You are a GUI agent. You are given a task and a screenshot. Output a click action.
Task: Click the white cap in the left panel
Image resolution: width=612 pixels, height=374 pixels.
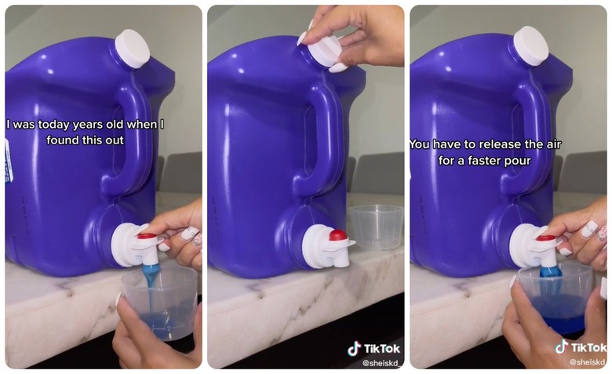click(132, 49)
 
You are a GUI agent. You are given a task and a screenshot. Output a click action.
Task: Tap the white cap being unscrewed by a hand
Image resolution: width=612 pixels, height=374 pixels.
click(326, 52)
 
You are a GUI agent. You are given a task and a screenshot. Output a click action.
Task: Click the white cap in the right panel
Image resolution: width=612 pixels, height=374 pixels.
click(531, 46)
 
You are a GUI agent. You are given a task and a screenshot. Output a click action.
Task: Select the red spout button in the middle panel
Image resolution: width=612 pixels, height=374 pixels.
click(337, 234)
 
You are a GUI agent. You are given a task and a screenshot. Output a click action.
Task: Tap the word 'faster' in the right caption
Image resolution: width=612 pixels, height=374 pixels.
click(505, 160)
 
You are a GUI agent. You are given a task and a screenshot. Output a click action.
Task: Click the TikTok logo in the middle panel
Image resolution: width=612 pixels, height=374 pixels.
click(373, 348)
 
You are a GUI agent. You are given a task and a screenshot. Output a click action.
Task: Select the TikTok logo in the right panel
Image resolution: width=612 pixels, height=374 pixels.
click(581, 347)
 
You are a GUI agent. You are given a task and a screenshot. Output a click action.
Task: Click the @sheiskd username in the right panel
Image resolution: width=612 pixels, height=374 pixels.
click(588, 361)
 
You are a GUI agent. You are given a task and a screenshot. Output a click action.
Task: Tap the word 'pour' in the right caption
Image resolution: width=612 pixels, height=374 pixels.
click(541, 160)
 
